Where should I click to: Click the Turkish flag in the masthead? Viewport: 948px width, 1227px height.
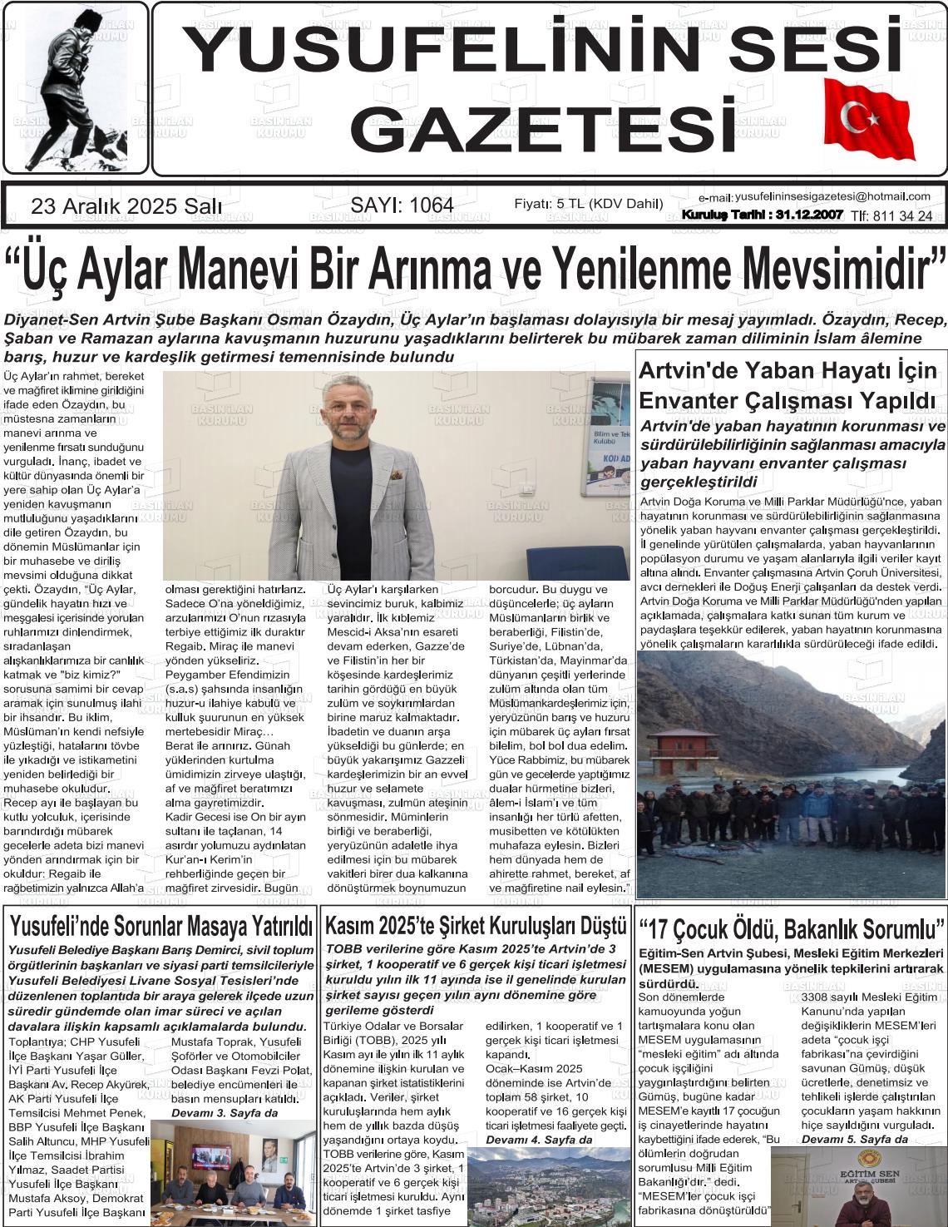coord(868,118)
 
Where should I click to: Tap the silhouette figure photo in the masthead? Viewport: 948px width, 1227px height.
coord(76,87)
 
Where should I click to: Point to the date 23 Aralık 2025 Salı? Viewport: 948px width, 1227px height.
coord(126,206)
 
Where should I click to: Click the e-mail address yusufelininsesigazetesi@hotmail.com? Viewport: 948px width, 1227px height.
coord(832,196)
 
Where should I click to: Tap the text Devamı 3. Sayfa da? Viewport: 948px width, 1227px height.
coord(225,1112)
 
